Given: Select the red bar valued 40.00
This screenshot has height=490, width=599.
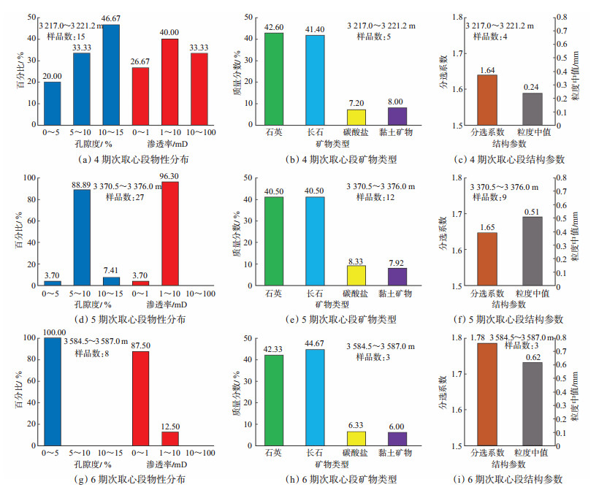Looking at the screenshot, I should [x=170, y=82].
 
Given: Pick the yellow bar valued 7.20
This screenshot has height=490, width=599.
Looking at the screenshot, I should [x=355, y=118].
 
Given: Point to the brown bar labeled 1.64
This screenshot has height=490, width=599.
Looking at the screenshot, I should [x=483, y=100].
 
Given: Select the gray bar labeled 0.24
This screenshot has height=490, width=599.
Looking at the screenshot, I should [x=533, y=109].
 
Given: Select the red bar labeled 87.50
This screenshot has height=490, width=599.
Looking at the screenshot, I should [x=141, y=398].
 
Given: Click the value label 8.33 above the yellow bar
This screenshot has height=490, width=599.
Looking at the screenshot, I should [x=355, y=259].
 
